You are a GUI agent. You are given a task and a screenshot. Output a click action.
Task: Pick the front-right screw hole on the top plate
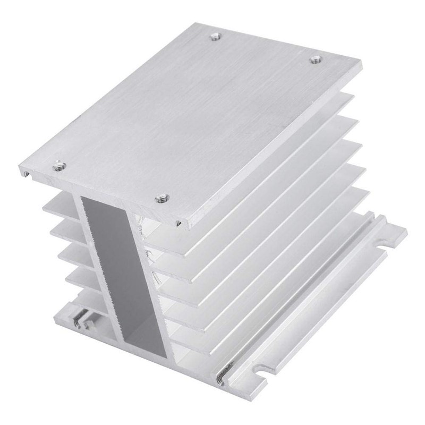[x=159, y=199]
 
